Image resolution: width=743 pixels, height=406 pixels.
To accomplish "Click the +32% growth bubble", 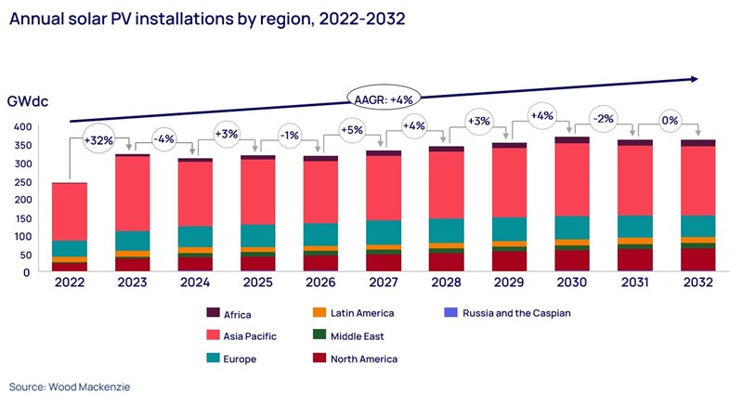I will (x=100, y=141).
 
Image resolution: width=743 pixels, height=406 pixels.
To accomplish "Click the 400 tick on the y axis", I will (x=21, y=126).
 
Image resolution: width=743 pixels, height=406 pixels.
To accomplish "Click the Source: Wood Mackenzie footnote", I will (x=68, y=386).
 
